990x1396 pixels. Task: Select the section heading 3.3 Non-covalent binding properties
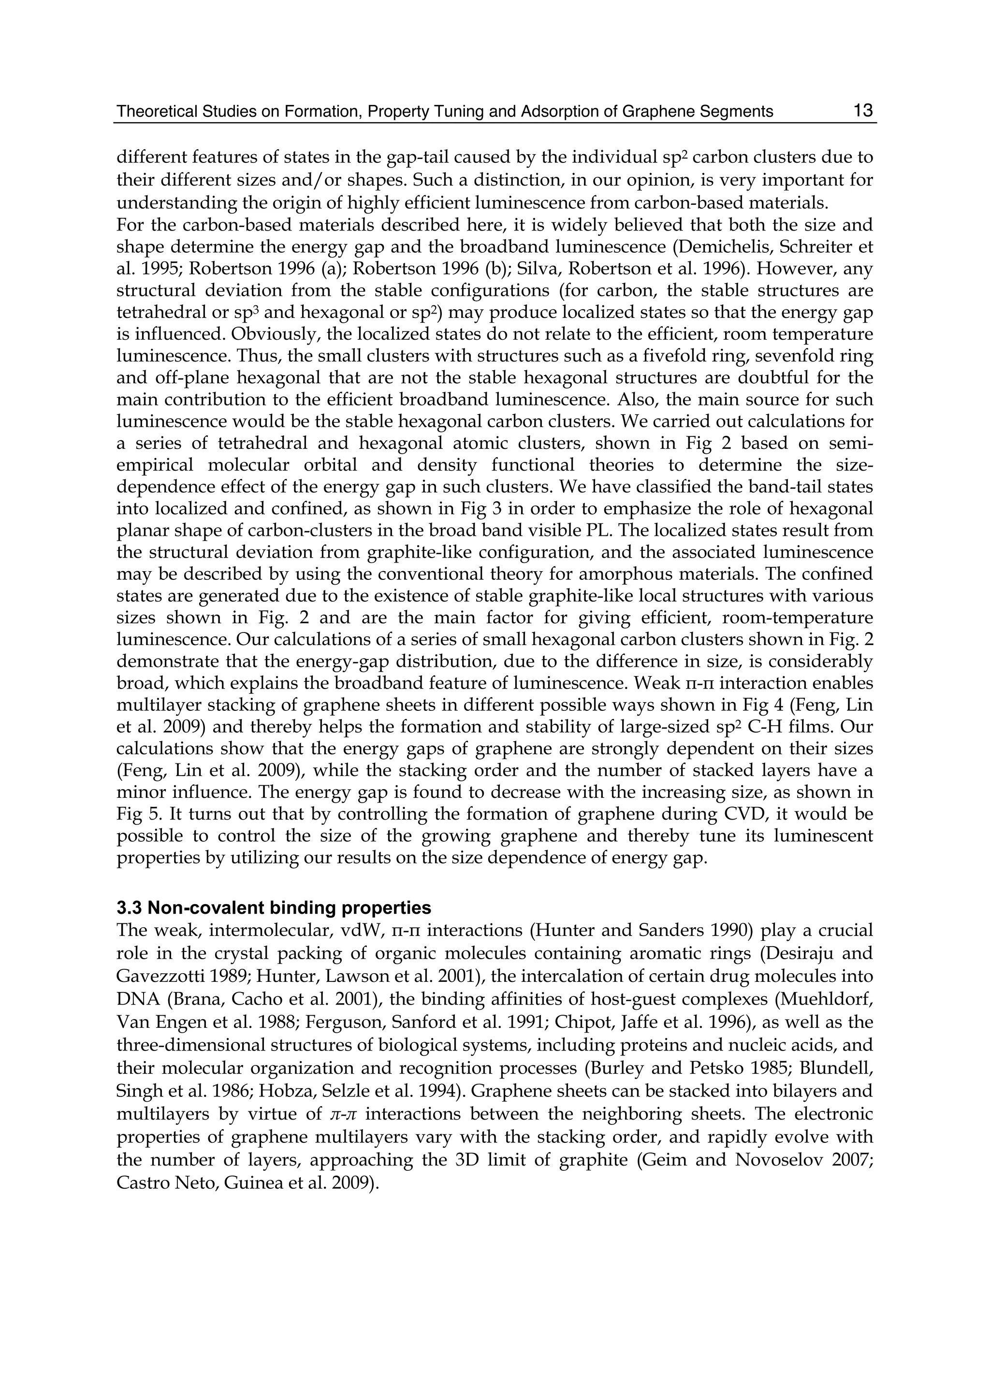pos(274,908)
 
